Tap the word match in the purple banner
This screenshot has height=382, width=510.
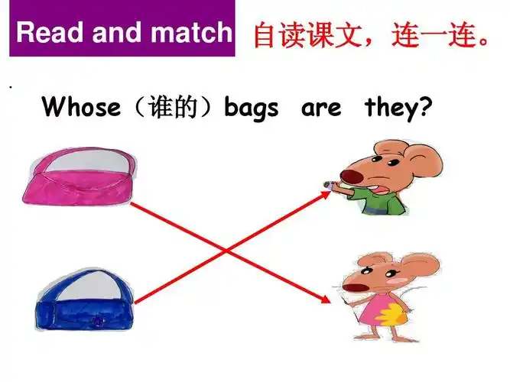[191, 32]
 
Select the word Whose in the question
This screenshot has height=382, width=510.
[81, 108]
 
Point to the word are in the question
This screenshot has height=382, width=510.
[321, 108]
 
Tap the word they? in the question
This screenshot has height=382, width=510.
[394, 108]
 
